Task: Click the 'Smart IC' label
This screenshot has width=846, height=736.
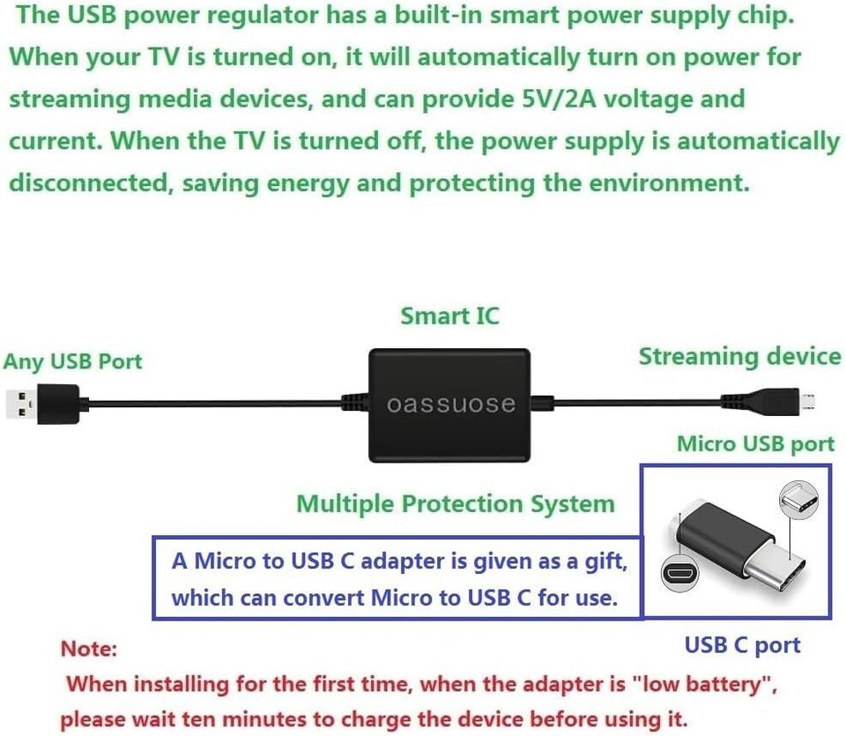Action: (449, 316)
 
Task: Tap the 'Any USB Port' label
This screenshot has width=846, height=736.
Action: (72, 361)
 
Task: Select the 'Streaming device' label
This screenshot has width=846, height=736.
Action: (739, 357)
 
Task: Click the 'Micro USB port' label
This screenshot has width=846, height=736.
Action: (754, 444)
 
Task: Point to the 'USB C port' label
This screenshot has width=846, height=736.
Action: (742, 645)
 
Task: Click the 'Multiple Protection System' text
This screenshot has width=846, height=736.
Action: (455, 504)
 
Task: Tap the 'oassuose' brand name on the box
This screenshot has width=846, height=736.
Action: (451, 404)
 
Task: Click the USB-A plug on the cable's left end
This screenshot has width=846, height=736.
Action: (41, 404)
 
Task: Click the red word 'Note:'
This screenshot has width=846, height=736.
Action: (88, 649)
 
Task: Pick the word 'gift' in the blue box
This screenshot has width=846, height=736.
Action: (607, 561)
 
